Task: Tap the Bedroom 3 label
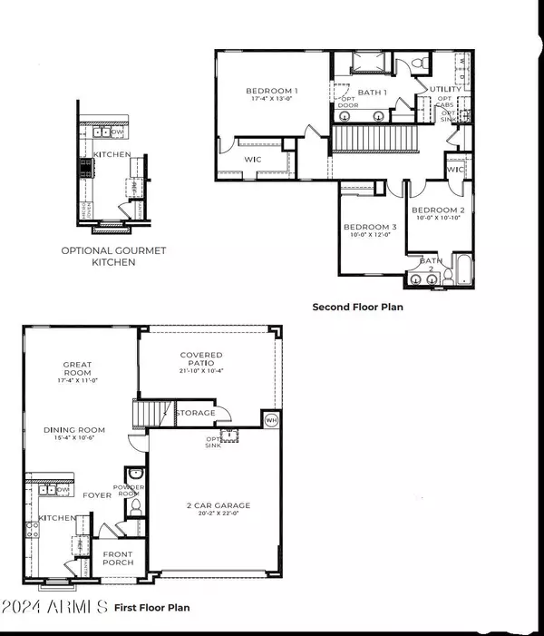pos(356,227)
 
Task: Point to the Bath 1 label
pos(373,93)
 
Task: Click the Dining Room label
pos(74,430)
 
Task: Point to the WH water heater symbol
pos(271,419)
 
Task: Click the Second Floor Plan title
pos(357,307)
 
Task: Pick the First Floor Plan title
pos(151,606)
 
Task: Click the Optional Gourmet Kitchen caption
pos(100,256)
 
